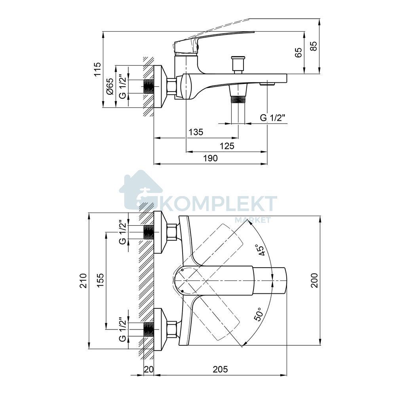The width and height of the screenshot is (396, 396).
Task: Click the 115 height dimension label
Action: [97, 69]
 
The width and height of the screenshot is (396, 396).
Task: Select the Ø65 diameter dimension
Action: [110, 86]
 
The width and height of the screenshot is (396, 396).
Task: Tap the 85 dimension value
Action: [313, 46]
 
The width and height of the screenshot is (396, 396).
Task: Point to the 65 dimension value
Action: [298, 53]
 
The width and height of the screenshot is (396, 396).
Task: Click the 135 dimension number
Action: [196, 132]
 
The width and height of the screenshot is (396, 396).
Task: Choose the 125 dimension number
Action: [227, 146]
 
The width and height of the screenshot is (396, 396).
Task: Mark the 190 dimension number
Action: [210, 158]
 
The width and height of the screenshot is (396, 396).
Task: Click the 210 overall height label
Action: [83, 281]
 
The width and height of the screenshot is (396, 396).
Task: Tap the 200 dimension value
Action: [314, 280]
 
